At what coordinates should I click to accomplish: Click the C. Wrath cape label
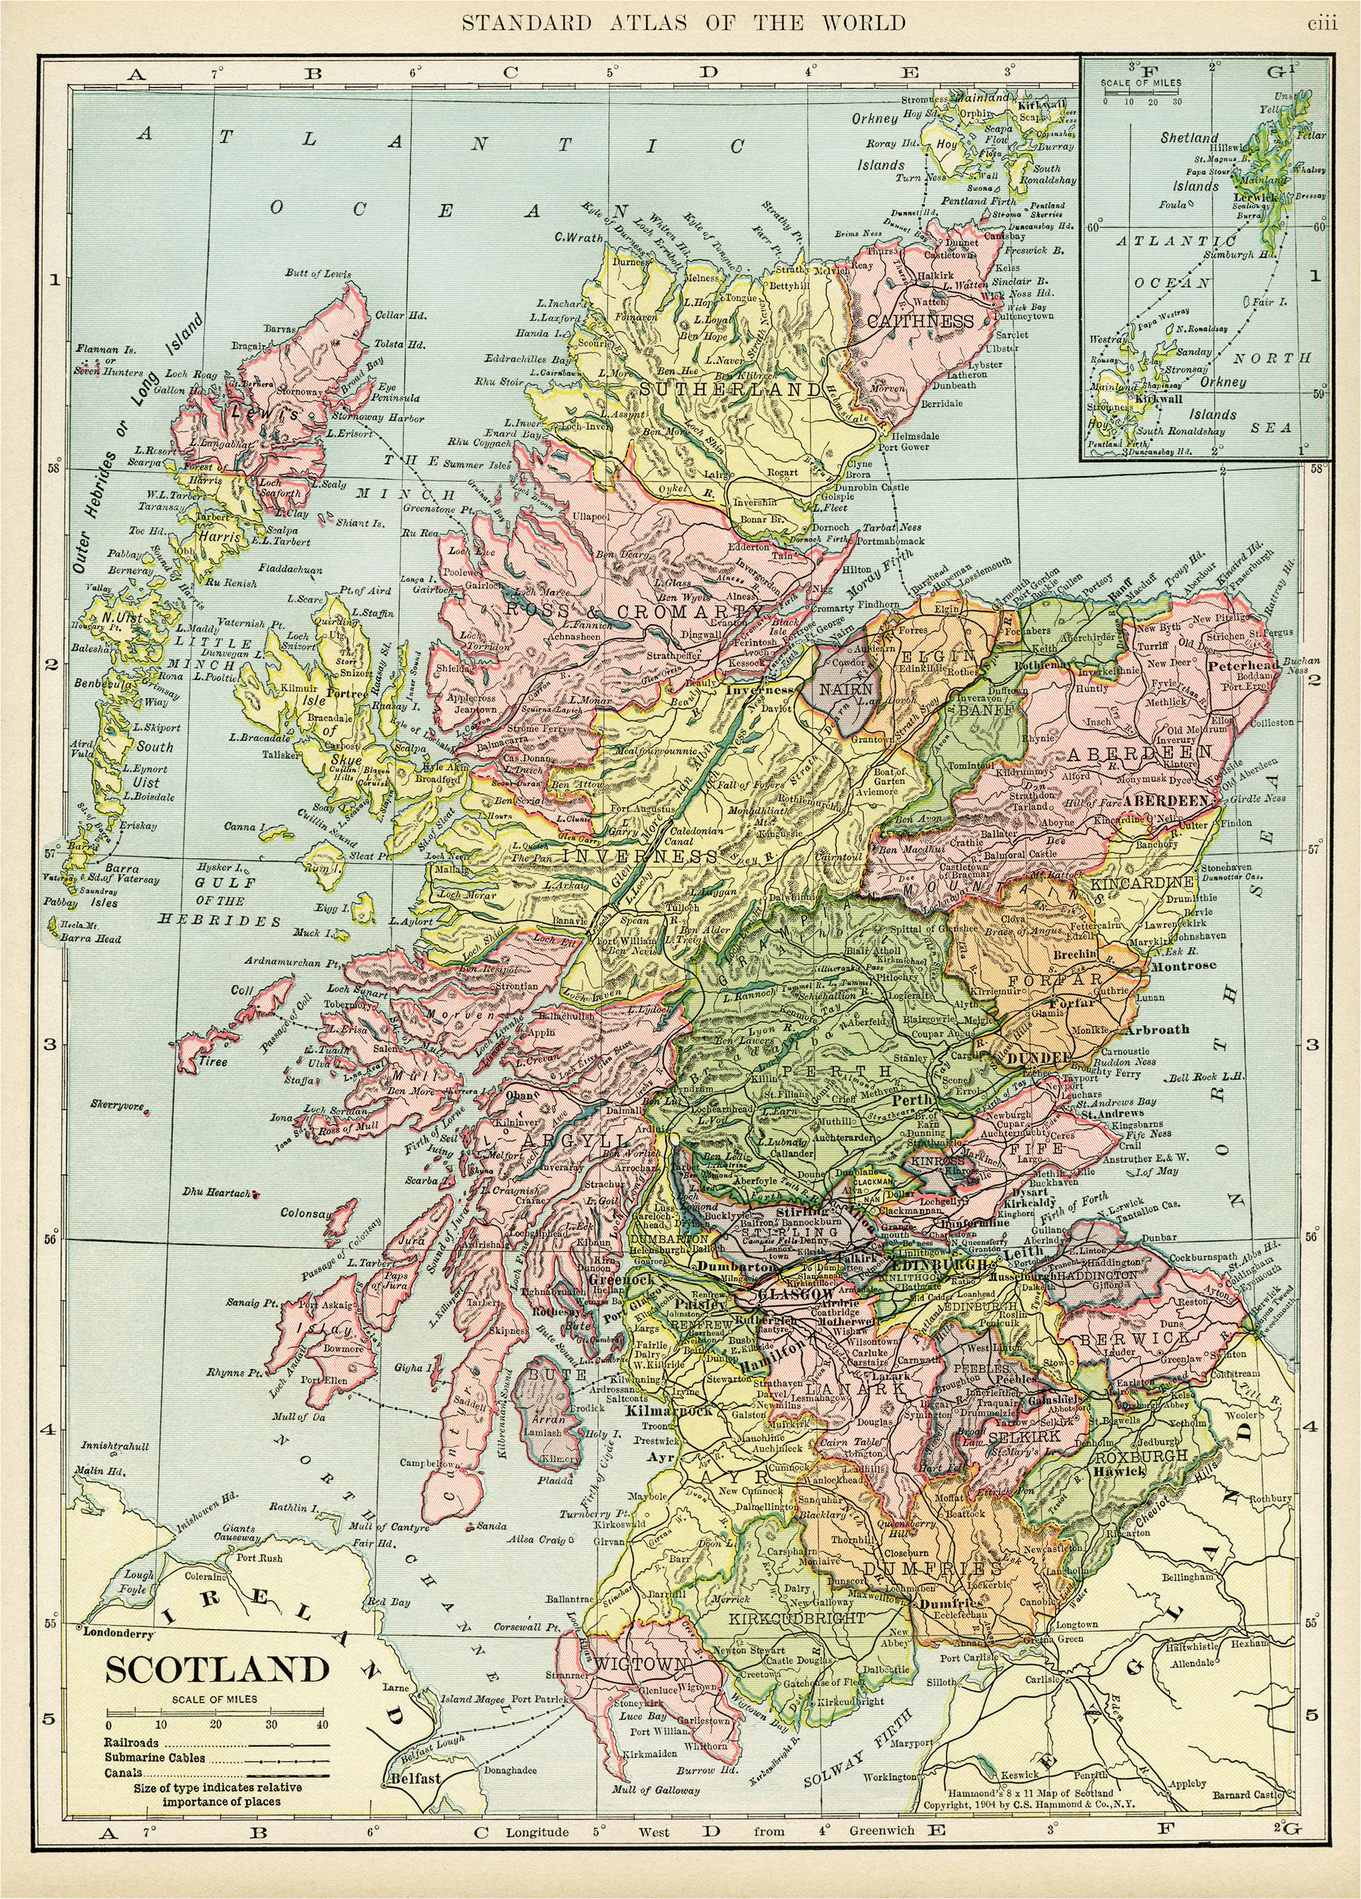tap(579, 238)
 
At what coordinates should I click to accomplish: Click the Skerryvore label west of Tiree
tap(118, 1105)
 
